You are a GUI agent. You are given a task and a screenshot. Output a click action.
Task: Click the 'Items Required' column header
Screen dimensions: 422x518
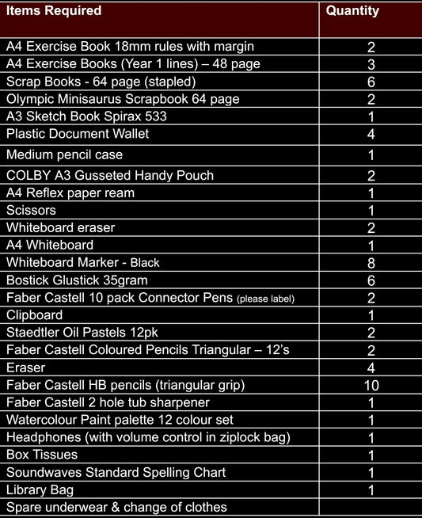(54, 11)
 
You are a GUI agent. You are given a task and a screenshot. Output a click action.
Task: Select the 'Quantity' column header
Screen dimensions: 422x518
(352, 11)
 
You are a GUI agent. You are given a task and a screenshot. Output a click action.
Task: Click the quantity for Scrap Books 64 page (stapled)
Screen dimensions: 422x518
(371, 82)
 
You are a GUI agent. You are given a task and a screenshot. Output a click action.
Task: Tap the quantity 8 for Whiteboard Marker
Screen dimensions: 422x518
(371, 263)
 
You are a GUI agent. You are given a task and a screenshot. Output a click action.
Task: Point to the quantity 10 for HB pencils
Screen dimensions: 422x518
(371, 386)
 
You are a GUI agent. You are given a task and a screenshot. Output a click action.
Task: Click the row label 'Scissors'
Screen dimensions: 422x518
(31, 211)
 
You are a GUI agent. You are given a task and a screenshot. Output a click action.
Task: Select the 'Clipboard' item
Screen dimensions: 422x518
(34, 315)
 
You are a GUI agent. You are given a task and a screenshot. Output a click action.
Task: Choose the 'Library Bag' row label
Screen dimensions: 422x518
(40, 490)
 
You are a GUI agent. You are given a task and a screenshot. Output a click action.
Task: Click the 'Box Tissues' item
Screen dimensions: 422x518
(42, 455)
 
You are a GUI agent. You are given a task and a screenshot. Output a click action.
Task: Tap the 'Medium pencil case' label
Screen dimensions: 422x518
(64, 155)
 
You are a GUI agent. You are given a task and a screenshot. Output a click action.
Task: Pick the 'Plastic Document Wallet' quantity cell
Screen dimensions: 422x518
(371, 135)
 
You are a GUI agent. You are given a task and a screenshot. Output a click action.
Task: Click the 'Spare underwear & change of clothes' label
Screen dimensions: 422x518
(116, 508)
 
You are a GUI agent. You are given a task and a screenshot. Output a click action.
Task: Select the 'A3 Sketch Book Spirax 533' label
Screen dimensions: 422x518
(86, 116)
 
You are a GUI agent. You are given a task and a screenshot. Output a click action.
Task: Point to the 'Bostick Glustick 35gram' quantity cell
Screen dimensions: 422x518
(371, 280)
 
